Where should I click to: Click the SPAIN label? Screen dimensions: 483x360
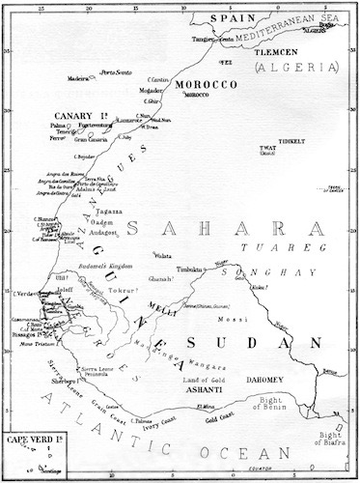[x=219, y=18]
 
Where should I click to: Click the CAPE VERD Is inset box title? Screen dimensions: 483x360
[x=32, y=443]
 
